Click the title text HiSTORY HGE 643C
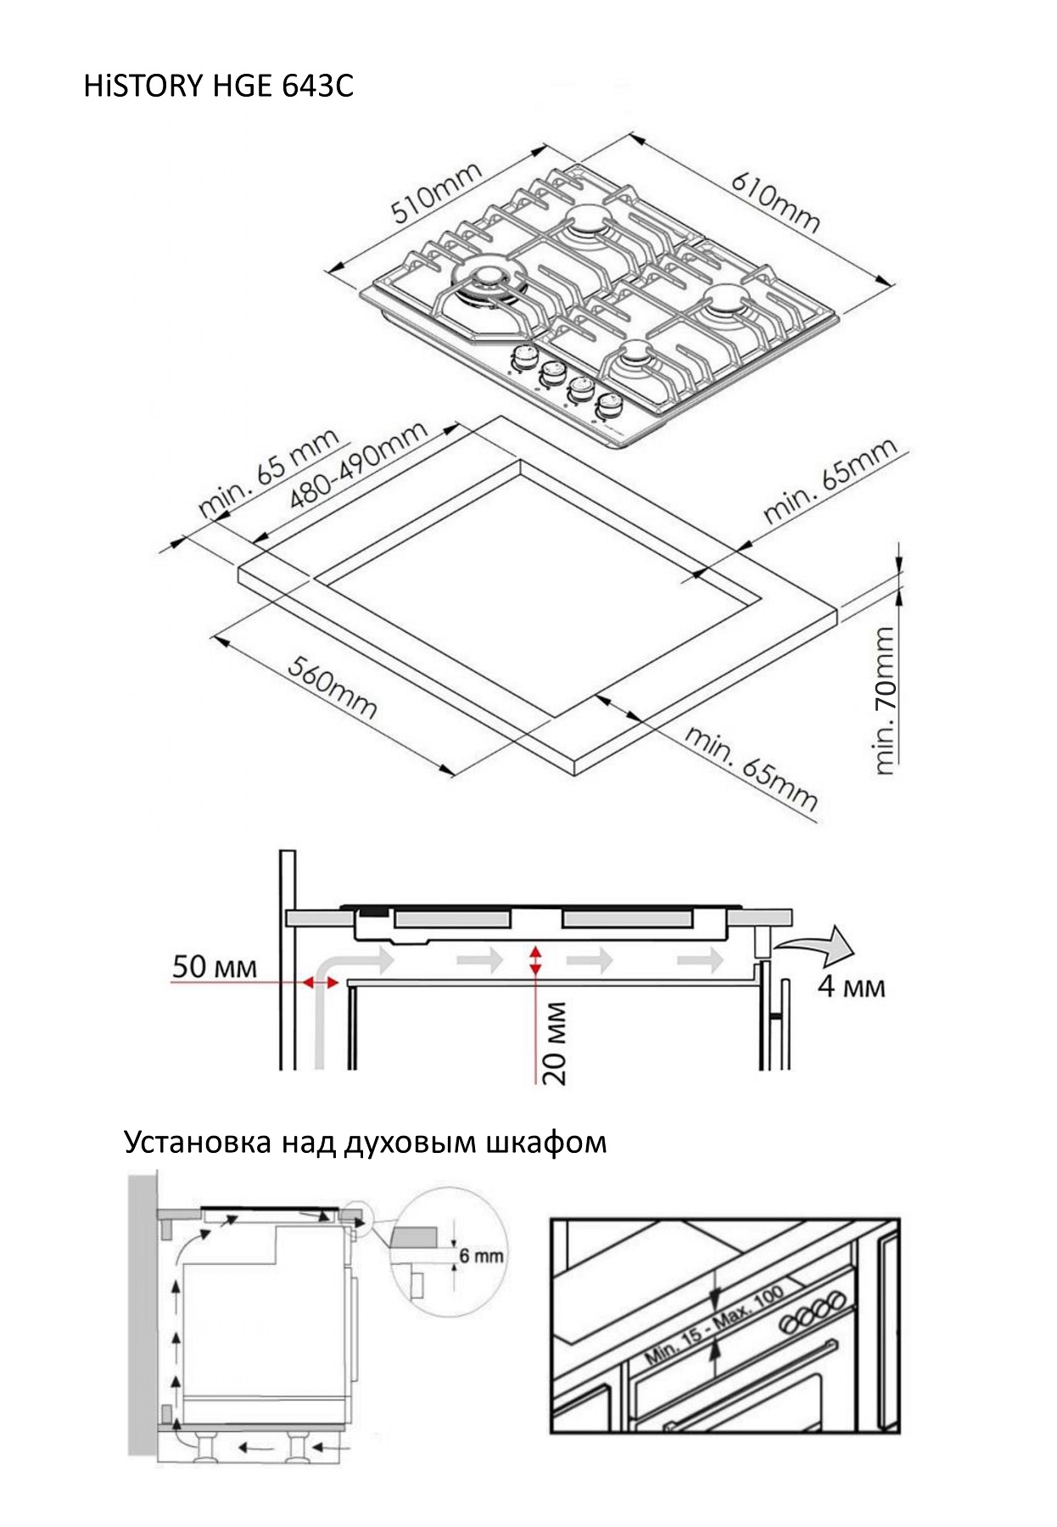[218, 87]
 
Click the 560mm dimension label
[332, 687]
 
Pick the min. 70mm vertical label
[884, 700]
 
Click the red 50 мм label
[214, 967]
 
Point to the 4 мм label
[851, 987]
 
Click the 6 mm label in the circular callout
[481, 1256]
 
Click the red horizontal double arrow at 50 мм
[321, 982]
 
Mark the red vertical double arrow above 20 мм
[535, 959]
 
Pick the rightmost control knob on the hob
[607, 406]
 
